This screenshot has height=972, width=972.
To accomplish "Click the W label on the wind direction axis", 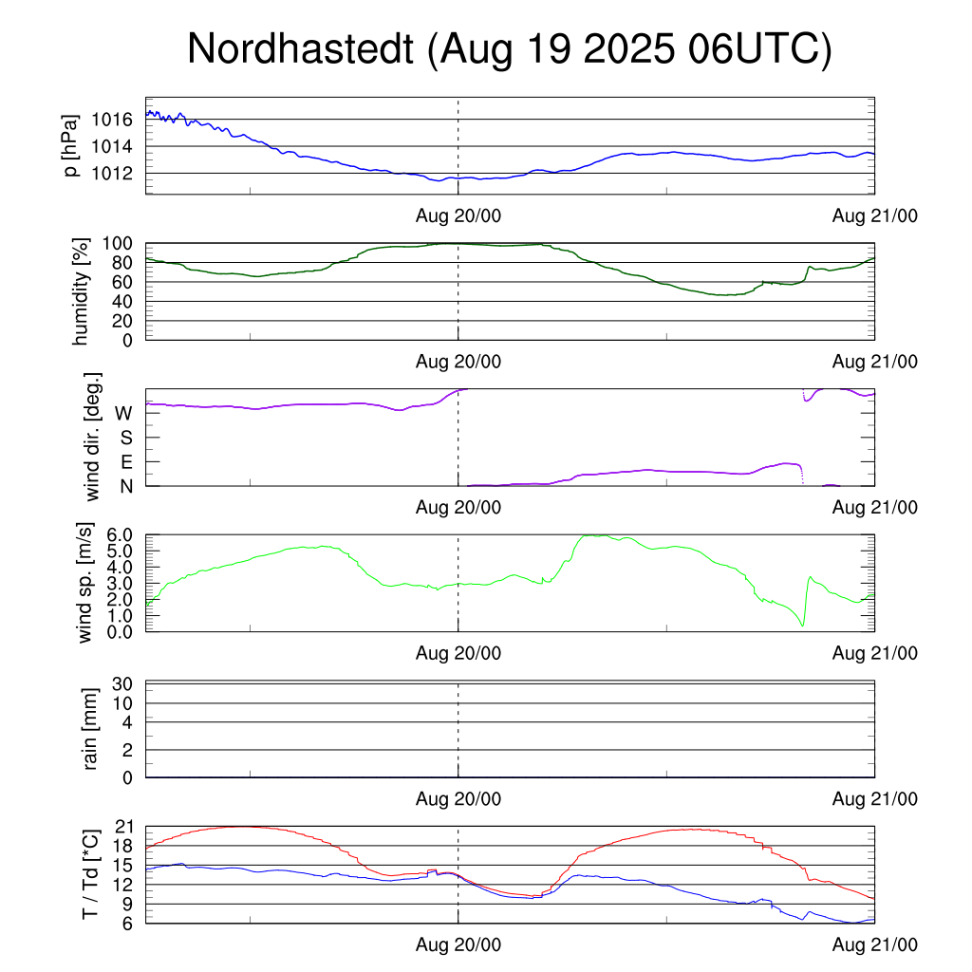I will pyautogui.click(x=123, y=414).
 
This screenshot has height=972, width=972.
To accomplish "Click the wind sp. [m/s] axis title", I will pyautogui.click(x=85, y=583).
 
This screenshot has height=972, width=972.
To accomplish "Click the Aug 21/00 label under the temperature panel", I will pyautogui.click(x=875, y=945).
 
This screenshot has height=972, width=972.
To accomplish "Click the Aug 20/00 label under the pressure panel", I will pyautogui.click(x=458, y=216).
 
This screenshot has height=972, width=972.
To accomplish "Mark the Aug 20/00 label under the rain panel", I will pyautogui.click(x=458, y=799).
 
